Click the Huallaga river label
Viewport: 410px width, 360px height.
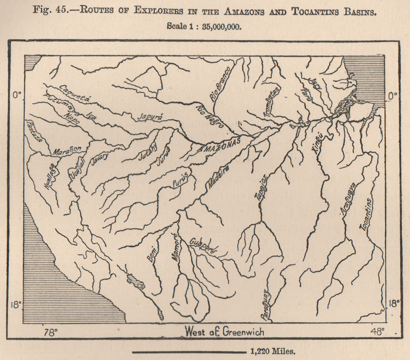click(48, 175)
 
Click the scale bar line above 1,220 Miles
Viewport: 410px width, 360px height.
click(188, 352)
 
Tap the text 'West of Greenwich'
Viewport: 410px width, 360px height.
click(225, 331)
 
